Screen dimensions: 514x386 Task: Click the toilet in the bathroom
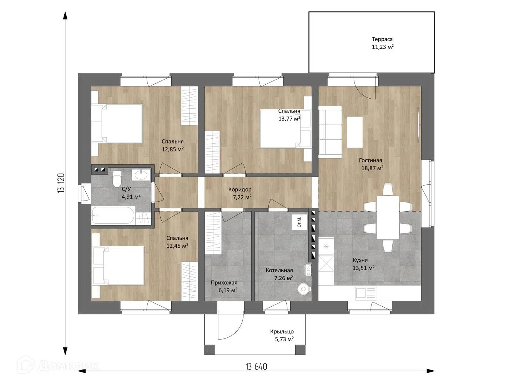[x=116, y=179]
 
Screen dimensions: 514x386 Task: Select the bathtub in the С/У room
[x=113, y=216]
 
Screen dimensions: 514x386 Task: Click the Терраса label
[x=382, y=39]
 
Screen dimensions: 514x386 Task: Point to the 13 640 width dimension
[x=256, y=366]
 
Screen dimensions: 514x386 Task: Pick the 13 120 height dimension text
[x=61, y=183]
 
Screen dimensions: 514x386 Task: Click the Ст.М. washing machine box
[x=299, y=222]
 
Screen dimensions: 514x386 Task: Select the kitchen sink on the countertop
[x=366, y=293]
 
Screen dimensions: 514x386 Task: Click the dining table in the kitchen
[x=388, y=218]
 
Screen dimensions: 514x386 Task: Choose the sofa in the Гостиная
[x=330, y=130]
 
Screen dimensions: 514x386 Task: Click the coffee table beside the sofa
[x=355, y=132]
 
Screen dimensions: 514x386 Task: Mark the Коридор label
[x=240, y=189]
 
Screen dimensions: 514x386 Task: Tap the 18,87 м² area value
[x=372, y=168]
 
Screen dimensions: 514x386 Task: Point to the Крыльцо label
[x=282, y=332]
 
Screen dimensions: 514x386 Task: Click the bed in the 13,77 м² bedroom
[x=286, y=129]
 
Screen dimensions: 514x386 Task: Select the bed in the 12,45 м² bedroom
[x=118, y=266]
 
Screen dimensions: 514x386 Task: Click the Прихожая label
[x=224, y=283]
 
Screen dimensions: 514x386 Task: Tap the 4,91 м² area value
[x=131, y=197]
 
